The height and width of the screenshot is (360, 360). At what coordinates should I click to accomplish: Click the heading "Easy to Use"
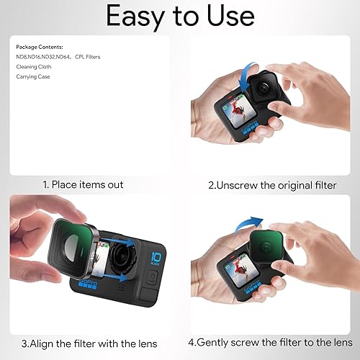click(x=180, y=16)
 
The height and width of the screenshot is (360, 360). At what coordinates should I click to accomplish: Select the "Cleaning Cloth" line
click(x=33, y=65)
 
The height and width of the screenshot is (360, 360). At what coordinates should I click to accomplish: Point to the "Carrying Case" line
click(x=32, y=76)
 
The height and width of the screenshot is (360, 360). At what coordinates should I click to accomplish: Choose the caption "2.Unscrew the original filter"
click(x=272, y=185)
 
